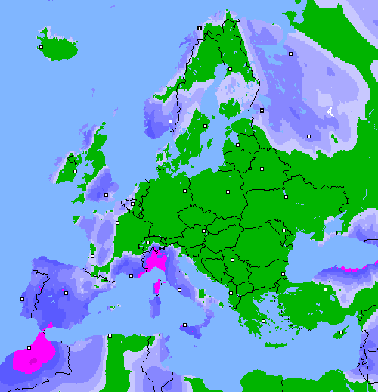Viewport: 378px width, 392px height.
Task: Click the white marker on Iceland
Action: point(41,47)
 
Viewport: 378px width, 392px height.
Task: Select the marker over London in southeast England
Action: point(107,195)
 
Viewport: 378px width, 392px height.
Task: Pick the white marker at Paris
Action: point(117,222)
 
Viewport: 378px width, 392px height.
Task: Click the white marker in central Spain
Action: point(67,293)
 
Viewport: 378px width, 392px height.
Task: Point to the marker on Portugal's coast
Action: point(23,300)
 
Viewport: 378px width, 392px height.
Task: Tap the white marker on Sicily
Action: point(184,325)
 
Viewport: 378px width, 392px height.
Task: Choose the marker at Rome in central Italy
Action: point(180,290)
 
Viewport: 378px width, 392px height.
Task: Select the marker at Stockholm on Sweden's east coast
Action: point(205,126)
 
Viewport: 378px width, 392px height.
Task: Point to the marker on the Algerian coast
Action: point(110,335)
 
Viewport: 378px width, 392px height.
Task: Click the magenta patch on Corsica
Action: point(158,287)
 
